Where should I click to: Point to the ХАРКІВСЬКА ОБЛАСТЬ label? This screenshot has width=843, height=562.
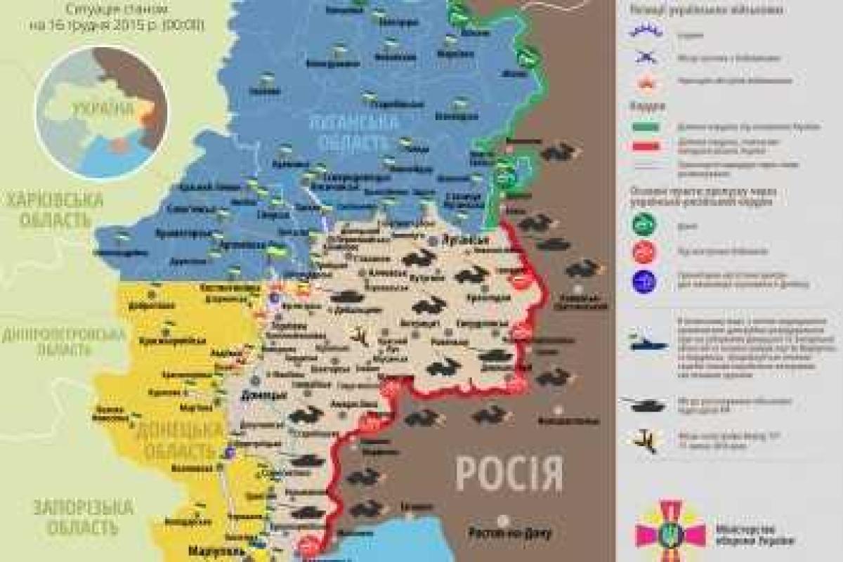[53, 209]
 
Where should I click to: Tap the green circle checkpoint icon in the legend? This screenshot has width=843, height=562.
[644, 225]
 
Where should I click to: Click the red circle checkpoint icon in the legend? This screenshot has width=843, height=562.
[644, 251]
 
